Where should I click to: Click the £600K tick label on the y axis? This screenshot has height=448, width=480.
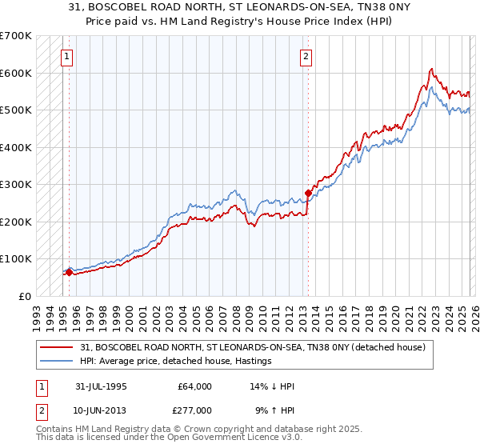click(16, 73)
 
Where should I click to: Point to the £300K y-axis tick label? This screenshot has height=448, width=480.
click(16, 184)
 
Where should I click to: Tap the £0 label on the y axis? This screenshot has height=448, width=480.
click(24, 296)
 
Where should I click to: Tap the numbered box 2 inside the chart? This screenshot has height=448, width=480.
click(306, 57)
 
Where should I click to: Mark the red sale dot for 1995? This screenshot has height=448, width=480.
click(69, 272)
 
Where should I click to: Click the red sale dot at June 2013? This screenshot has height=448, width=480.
click(308, 193)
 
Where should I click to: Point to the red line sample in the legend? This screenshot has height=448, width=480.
click(57, 347)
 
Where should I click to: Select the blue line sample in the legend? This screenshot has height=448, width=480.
click(57, 361)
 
